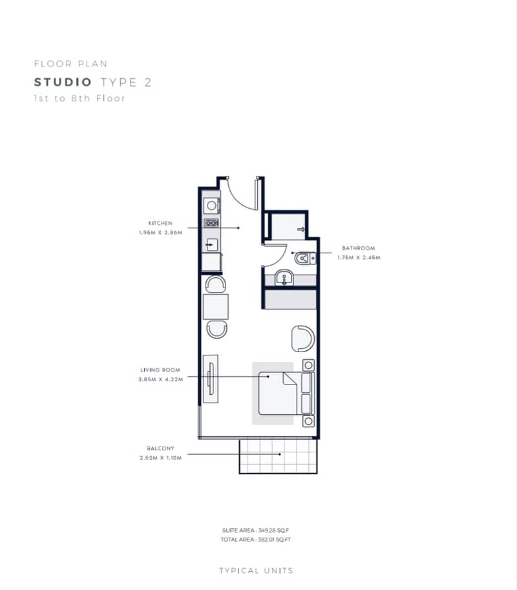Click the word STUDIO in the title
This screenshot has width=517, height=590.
[x=63, y=82]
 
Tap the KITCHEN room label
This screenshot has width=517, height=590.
[x=160, y=223]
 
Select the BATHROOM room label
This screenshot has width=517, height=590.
[x=359, y=248]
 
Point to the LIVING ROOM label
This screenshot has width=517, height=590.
[x=160, y=370]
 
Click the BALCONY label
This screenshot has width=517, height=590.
[x=161, y=448]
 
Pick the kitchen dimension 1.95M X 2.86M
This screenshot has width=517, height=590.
[x=161, y=233]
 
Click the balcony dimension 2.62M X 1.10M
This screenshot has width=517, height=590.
[x=161, y=458]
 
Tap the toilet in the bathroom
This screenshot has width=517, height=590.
[x=305, y=258]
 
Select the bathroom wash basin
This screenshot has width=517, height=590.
[x=284, y=278]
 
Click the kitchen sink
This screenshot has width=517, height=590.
[x=212, y=245]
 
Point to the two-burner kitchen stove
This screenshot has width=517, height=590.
[x=211, y=223]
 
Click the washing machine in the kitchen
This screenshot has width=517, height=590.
[x=212, y=205]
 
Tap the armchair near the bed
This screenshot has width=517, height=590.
[x=303, y=339]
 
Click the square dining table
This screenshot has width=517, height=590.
[x=216, y=307]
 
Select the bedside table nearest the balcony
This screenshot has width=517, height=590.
[x=308, y=421]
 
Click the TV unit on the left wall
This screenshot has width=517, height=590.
[x=211, y=379]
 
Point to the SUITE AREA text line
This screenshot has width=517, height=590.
[x=255, y=531]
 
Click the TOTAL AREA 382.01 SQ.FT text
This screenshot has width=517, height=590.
[x=255, y=540]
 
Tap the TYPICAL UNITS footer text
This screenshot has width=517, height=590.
[x=256, y=571]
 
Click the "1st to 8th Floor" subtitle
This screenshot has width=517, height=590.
[x=79, y=99]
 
